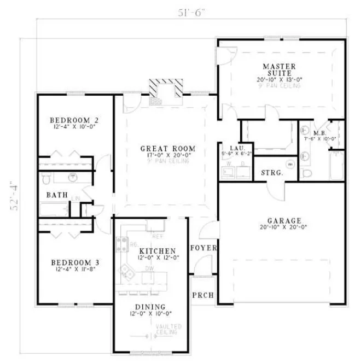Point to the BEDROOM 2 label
(74, 120)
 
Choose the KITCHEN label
(146, 251)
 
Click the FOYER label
(204, 248)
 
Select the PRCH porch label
(202, 296)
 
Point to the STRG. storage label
(272, 172)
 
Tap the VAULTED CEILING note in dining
(169, 329)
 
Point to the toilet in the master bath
(307, 173)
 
